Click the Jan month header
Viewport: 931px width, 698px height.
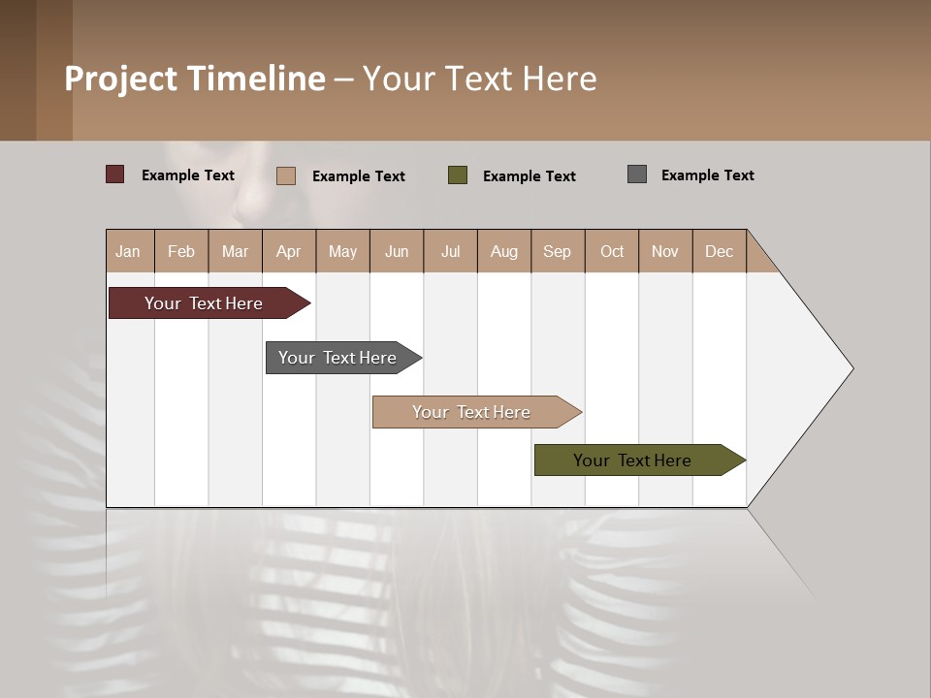(128, 251)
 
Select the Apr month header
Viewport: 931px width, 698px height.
(288, 251)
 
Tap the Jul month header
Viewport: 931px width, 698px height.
(450, 251)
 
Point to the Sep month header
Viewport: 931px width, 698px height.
(557, 251)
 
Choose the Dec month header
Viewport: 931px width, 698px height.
(719, 251)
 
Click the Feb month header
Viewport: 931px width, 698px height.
(181, 251)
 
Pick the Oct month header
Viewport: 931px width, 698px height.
(612, 251)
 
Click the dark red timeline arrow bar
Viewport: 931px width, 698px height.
(205, 303)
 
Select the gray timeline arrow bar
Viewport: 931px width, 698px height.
(338, 358)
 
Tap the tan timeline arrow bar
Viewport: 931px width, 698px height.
(472, 412)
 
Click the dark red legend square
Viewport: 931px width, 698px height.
(114, 174)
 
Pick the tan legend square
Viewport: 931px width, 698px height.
(286, 175)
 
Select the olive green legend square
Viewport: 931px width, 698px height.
(458, 175)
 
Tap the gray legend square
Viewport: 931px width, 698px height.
(637, 174)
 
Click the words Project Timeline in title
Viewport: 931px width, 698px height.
(194, 79)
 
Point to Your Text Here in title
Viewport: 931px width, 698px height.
(479, 79)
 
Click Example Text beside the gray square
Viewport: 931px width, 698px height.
(707, 175)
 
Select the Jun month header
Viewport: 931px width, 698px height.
(397, 251)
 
